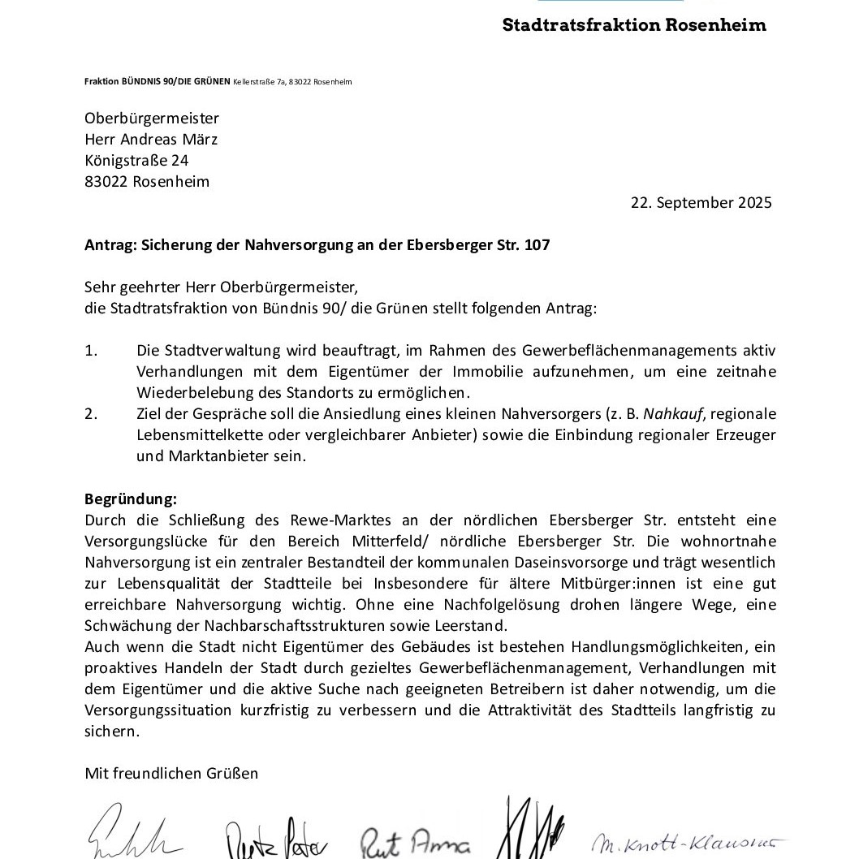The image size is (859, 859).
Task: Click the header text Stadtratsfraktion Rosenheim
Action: (633, 24)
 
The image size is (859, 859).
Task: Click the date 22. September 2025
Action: (701, 203)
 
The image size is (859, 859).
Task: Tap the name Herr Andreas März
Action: (151, 140)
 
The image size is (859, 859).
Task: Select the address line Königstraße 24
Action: (136, 161)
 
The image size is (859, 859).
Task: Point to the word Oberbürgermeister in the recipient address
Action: (152, 119)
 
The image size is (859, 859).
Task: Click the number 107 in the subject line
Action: (537, 244)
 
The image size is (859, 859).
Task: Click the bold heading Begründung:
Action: (131, 499)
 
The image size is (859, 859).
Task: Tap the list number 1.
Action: (91, 351)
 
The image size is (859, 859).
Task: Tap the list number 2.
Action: (91, 414)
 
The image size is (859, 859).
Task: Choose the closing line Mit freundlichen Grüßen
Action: (171, 773)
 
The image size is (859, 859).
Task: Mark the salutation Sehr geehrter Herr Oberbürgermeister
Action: (221, 287)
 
